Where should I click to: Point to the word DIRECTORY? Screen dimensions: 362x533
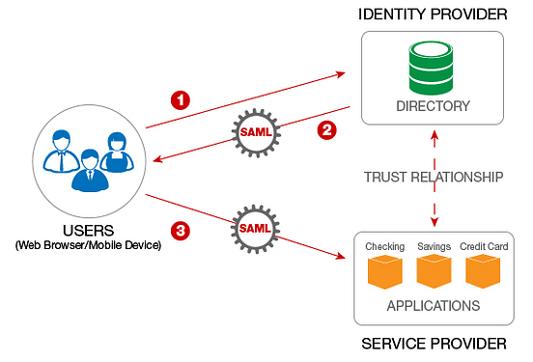click(432, 105)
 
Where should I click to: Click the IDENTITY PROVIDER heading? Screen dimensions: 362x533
click(432, 14)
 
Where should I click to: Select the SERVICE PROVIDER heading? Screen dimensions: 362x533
click(432, 345)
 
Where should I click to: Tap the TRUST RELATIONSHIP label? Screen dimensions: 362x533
click(432, 178)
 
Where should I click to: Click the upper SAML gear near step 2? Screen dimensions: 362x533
click(256, 131)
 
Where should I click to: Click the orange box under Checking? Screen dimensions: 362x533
click(385, 273)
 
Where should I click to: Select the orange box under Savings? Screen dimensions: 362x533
click(434, 273)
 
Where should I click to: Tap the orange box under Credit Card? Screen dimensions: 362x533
click(482, 273)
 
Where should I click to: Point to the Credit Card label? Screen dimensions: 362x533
click(482, 247)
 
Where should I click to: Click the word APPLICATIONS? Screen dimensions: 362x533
click(433, 306)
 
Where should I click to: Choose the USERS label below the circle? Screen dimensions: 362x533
click(88, 231)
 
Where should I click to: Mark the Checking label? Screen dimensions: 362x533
click(384, 247)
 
